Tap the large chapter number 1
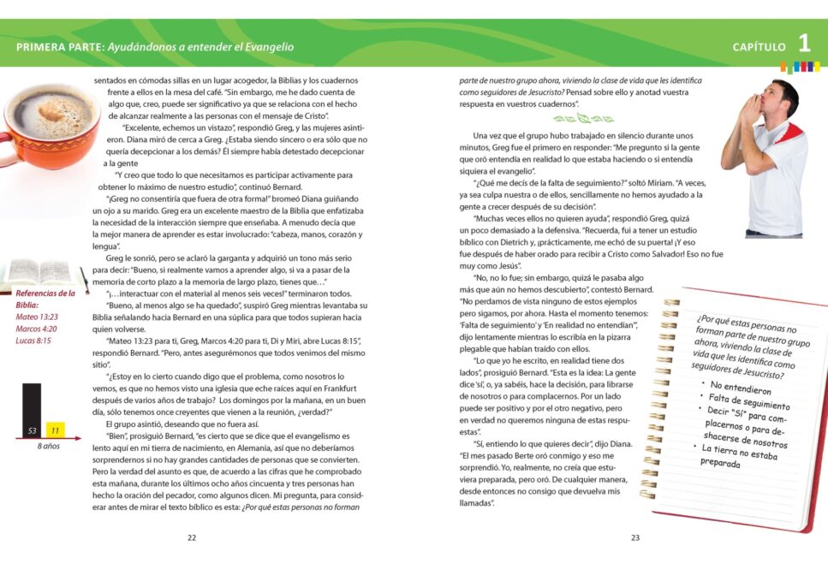(804, 44)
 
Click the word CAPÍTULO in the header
(758, 47)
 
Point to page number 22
(192, 538)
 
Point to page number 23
(635, 538)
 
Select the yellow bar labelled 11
(56, 430)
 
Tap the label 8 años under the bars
(48, 447)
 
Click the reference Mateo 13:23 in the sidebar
(38, 316)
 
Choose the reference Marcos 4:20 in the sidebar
(37, 328)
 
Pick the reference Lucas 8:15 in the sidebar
(34, 340)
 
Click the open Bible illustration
(39, 273)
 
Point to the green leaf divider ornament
(582, 118)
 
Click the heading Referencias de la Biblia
(45, 298)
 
